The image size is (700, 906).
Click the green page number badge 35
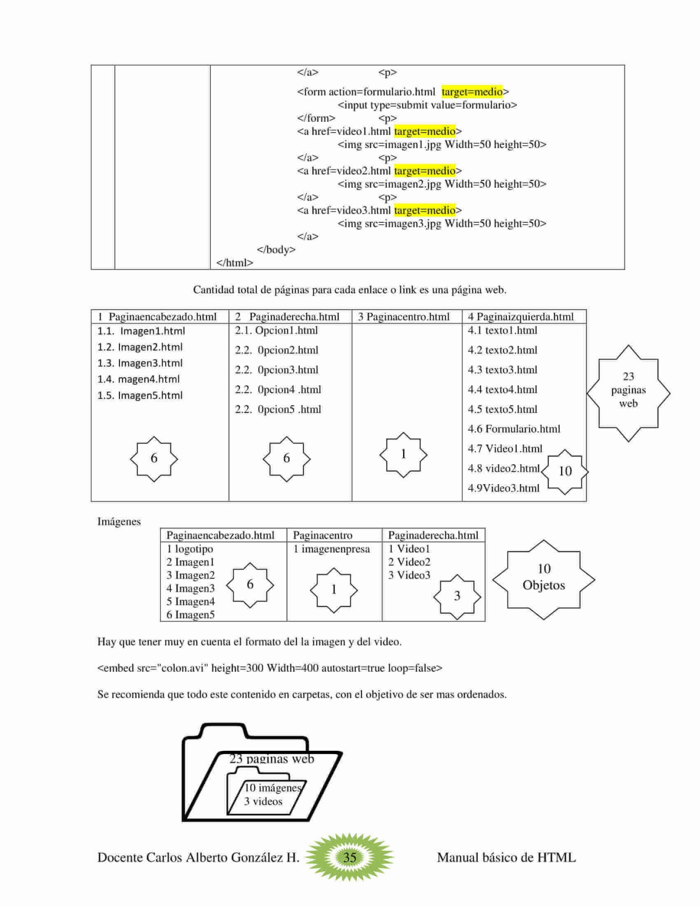point(349,857)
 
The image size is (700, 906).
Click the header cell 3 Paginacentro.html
point(404,317)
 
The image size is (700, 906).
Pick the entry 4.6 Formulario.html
point(514,429)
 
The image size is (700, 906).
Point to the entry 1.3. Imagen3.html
point(140,363)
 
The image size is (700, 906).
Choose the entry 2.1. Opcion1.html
point(276,330)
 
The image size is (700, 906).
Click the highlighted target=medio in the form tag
point(472,92)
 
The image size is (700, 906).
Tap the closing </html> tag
point(235,263)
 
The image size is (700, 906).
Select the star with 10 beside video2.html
point(565,471)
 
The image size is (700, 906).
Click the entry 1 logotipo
point(190,549)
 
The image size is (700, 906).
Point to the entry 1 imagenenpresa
point(331,549)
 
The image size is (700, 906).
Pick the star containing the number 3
point(457,596)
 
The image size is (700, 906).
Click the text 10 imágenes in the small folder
point(272,788)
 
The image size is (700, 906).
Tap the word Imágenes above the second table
point(119,521)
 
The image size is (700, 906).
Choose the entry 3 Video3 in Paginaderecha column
point(409,575)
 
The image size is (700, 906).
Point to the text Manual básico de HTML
point(506,857)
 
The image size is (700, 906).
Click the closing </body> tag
point(276,250)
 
